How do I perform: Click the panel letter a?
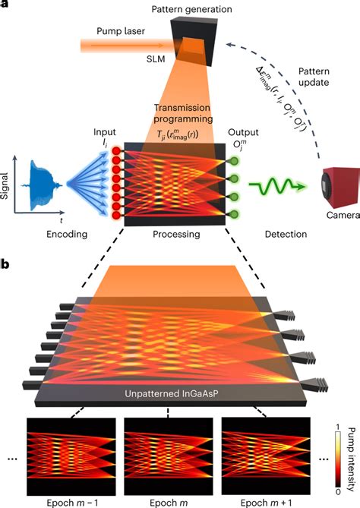5,5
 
